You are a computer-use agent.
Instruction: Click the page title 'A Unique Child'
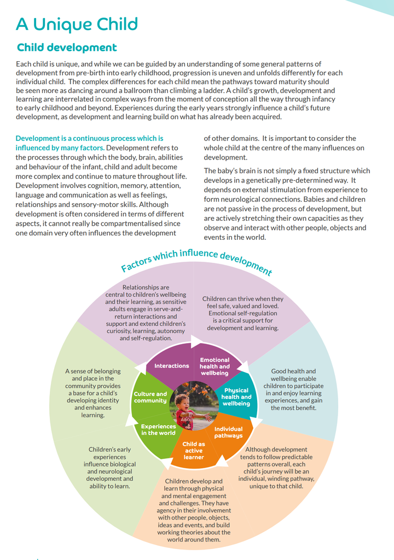(x=77, y=24)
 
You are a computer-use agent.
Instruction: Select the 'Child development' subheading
(x=67, y=48)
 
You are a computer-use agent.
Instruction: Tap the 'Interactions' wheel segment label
(x=172, y=366)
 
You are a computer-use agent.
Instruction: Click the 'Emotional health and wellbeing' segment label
(x=215, y=366)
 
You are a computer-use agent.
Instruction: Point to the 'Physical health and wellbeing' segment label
(x=236, y=397)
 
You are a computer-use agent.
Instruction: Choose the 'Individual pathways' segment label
(x=228, y=432)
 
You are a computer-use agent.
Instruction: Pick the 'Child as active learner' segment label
(x=194, y=451)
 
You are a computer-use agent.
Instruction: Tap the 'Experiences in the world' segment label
(x=158, y=429)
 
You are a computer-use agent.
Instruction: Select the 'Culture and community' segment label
(x=150, y=397)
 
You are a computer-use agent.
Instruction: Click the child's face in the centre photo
(x=182, y=403)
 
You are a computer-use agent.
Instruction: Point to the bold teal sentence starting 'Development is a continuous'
(x=89, y=143)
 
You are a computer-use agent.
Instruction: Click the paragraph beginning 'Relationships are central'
(x=146, y=313)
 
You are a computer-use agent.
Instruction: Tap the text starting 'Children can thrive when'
(x=243, y=314)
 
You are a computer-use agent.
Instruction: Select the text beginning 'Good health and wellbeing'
(x=293, y=390)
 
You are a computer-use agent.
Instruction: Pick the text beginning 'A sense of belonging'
(x=93, y=393)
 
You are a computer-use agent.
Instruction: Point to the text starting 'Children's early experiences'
(x=109, y=468)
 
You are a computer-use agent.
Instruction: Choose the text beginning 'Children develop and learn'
(x=194, y=510)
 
